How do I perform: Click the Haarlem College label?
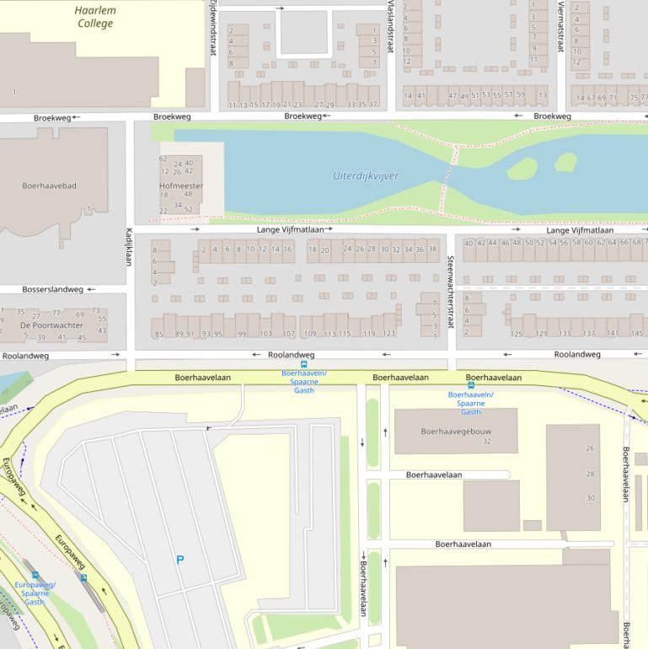click(95, 17)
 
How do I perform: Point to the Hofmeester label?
click(180, 185)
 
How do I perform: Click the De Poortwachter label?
click(51, 324)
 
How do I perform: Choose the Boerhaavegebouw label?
click(455, 431)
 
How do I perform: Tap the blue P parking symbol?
click(179, 559)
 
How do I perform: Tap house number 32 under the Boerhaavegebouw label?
click(486, 442)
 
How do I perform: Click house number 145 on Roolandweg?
click(637, 334)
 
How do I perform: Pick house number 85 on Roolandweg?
click(158, 335)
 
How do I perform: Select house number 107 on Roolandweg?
click(288, 335)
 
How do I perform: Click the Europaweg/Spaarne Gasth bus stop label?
click(35, 593)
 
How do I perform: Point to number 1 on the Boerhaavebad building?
click(88, 209)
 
